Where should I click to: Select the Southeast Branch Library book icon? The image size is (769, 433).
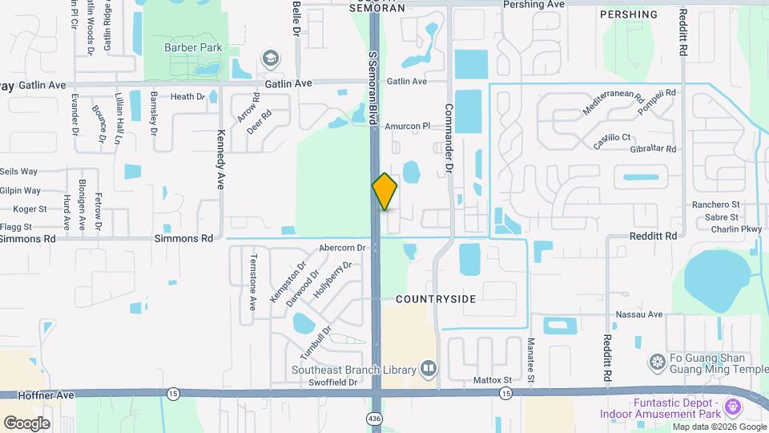coord(429,369)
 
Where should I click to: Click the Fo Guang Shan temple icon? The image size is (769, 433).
coord(657,363)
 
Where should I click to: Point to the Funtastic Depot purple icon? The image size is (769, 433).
coord(731,407)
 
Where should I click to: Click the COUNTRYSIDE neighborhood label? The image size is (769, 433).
coord(436,299)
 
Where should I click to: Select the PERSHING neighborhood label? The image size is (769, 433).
coord(628,14)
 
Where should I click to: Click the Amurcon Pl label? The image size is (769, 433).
coord(408,126)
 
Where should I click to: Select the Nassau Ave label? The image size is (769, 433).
coord(639,315)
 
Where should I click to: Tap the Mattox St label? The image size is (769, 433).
coord(492,379)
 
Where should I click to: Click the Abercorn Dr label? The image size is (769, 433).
coord(342,248)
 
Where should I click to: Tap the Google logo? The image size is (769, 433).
coord(26,423)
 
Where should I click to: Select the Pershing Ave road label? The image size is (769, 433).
coord(534,4)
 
